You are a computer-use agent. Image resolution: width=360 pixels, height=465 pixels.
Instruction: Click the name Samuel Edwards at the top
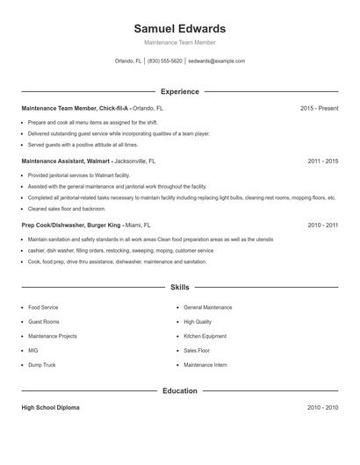click(x=179, y=28)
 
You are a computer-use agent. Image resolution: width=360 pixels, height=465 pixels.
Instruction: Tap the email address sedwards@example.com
click(x=216, y=61)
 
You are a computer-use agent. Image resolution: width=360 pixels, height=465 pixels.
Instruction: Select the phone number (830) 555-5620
click(x=165, y=61)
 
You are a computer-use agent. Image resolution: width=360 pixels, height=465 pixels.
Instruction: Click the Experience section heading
click(x=179, y=91)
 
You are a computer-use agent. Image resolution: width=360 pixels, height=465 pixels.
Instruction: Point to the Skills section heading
click(x=179, y=287)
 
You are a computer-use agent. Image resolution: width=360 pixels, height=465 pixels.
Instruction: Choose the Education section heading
click(x=179, y=390)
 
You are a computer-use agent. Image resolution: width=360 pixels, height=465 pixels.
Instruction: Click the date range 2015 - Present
click(x=319, y=108)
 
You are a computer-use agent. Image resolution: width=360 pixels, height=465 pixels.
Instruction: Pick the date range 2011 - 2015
click(x=322, y=162)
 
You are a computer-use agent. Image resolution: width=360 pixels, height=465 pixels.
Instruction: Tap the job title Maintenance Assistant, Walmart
click(x=64, y=162)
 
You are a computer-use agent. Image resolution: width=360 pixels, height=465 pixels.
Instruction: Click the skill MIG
click(x=33, y=350)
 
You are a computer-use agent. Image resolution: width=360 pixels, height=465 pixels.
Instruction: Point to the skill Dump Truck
click(x=41, y=364)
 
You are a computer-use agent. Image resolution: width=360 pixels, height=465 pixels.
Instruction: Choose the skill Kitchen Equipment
click(x=205, y=336)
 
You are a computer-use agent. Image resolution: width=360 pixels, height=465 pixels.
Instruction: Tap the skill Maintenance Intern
click(x=205, y=364)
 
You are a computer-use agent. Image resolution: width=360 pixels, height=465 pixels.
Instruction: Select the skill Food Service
click(x=43, y=308)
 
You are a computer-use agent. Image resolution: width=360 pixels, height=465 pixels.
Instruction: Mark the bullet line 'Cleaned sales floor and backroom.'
click(x=67, y=209)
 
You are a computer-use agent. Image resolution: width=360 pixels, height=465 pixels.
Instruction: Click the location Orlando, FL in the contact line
click(x=128, y=61)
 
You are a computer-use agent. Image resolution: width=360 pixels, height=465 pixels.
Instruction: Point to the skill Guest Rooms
click(x=44, y=322)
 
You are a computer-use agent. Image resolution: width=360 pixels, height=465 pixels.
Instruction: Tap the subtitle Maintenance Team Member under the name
click(x=179, y=42)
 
